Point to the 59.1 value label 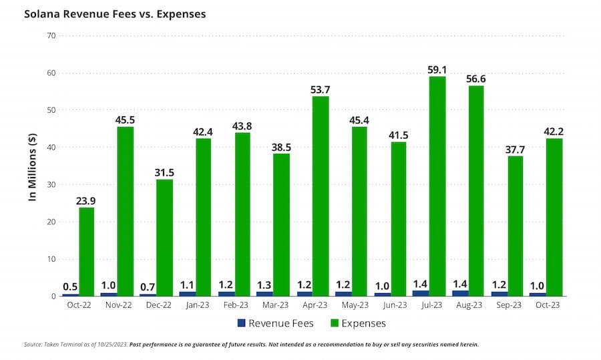(x=437, y=69)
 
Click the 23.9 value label (x=86, y=200)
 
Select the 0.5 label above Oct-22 (x=70, y=287)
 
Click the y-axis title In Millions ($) (x=30, y=166)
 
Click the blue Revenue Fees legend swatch (x=242, y=323)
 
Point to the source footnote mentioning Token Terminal (x=251, y=345)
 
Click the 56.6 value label (x=476, y=78)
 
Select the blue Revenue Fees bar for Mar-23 (x=264, y=293)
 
